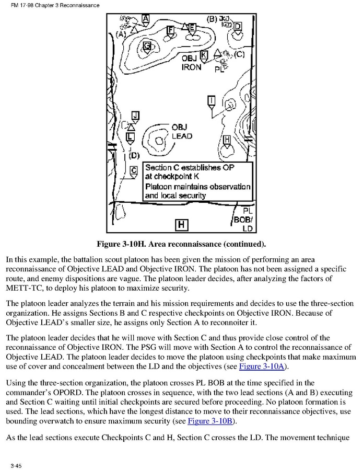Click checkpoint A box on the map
[x=146, y=18]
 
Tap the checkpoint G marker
[x=147, y=47]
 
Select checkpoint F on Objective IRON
[x=170, y=29]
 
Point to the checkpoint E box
[x=192, y=27]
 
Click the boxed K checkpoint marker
[x=204, y=54]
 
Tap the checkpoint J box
[x=135, y=115]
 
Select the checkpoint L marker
[x=131, y=137]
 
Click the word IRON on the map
[x=191, y=67]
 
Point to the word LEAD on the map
[x=182, y=136]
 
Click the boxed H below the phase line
[x=181, y=225]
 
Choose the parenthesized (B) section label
[x=212, y=19]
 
